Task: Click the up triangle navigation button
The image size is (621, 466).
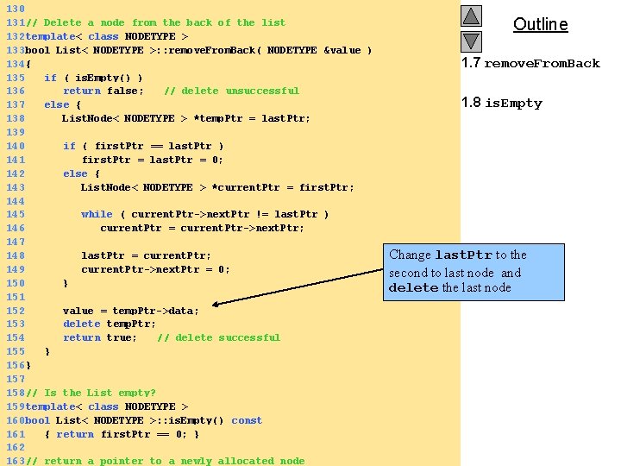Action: (471, 16)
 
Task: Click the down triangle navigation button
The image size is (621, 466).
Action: (471, 41)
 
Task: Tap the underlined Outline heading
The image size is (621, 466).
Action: (540, 24)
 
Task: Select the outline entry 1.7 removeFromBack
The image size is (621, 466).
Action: (530, 63)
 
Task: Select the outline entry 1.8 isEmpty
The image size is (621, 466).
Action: (502, 103)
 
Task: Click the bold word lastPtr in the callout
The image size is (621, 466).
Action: (463, 255)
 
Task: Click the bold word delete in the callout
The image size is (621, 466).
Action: (413, 287)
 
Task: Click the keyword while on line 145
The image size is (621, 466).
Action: (97, 214)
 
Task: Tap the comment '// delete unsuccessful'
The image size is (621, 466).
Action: (231, 91)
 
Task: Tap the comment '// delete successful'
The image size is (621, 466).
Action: (218, 337)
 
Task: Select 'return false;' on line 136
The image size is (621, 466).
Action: (103, 91)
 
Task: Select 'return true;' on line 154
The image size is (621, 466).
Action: (100, 337)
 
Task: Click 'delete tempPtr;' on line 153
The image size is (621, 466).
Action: (110, 324)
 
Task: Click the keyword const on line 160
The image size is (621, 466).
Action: (247, 420)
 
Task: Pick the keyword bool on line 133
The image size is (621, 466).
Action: (38, 50)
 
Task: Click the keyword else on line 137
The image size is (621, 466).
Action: (57, 104)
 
